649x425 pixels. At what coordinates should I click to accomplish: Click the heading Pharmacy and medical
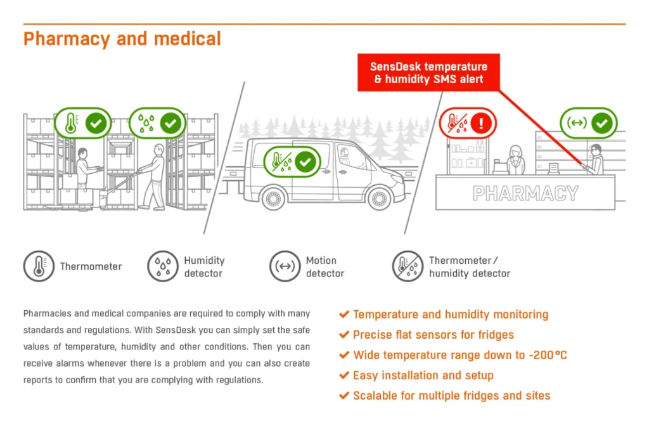[122, 39]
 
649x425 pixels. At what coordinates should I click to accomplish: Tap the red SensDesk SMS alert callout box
[428, 72]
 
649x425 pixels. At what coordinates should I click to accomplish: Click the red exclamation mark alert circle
[480, 123]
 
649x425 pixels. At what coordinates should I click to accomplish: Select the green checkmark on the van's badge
[305, 162]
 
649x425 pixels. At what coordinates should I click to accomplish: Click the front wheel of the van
[379, 199]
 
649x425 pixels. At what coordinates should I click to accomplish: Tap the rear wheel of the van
[273, 199]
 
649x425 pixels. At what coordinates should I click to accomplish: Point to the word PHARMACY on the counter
[525, 193]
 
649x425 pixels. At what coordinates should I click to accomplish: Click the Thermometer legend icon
[39, 266]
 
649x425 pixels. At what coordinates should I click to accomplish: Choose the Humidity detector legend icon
[163, 266]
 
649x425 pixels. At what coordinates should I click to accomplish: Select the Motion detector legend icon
[285, 266]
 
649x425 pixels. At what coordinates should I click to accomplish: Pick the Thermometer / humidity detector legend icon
[408, 266]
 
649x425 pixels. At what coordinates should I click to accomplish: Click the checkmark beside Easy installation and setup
[344, 376]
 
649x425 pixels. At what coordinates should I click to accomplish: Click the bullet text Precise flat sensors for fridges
[434, 335]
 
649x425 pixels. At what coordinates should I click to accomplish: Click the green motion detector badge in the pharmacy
[589, 123]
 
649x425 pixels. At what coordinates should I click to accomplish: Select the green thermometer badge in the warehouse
[83, 123]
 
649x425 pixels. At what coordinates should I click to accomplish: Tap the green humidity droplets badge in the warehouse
[158, 123]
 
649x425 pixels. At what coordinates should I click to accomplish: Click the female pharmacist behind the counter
[515, 160]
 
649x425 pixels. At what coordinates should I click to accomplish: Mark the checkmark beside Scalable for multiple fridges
[344, 396]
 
